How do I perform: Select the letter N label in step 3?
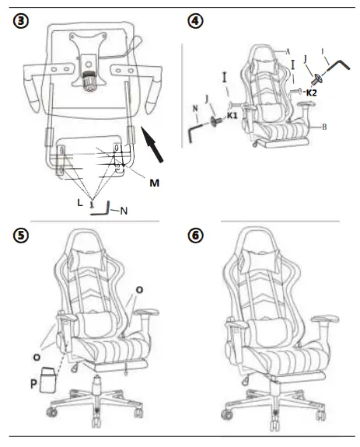(x=124, y=209)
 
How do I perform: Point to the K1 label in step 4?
(x=232, y=115)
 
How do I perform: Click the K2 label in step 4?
(x=310, y=92)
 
